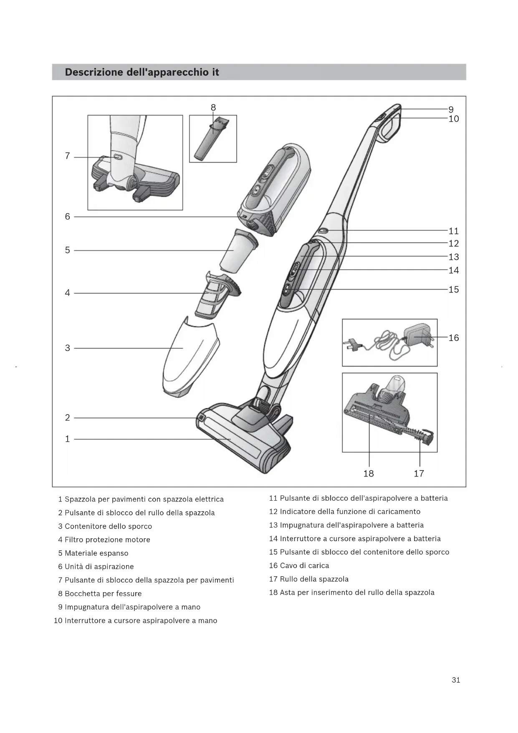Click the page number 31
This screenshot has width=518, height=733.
tap(456, 680)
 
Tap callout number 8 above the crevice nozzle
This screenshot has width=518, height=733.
tap(213, 107)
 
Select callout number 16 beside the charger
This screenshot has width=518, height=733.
tap(453, 338)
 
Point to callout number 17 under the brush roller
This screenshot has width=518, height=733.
tap(419, 473)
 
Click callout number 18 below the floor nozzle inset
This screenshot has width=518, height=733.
tap(369, 473)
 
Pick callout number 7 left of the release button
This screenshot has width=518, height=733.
tap(68, 156)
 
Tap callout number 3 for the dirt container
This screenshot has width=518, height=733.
tap(68, 348)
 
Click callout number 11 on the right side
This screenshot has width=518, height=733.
tap(453, 231)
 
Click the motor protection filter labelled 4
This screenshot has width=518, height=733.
tap(217, 297)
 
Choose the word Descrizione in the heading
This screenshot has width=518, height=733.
tap(94, 72)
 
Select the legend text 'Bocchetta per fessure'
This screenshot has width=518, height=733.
tap(103, 593)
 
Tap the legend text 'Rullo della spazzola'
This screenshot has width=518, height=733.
tap(314, 579)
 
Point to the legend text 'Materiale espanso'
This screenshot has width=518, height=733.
tap(96, 553)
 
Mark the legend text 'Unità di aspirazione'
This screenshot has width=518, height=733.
tap(99, 566)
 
